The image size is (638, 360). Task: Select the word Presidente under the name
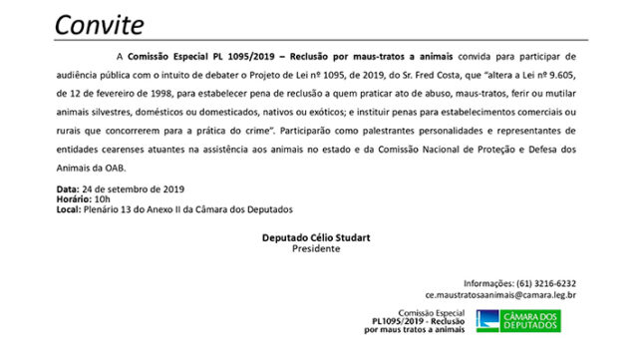(316, 249)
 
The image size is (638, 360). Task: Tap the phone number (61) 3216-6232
(539, 283)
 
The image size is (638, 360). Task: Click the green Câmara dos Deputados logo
(518, 320)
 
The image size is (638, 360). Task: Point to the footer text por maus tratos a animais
(420, 330)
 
